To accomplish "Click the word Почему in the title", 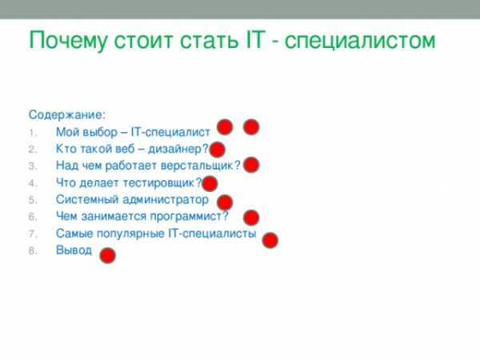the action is pyautogui.click(x=68, y=41).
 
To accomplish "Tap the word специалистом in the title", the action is pyautogui.click(x=360, y=41).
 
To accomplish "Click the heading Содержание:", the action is pyautogui.click(x=67, y=114).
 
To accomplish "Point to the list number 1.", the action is pyautogui.click(x=33, y=133).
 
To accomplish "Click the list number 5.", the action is pyautogui.click(x=33, y=200).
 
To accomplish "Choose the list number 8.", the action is pyautogui.click(x=33, y=251).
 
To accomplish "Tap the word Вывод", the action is pyautogui.click(x=74, y=250).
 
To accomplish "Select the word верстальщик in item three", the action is pyautogui.click(x=197, y=166).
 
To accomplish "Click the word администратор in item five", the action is pyautogui.click(x=166, y=200).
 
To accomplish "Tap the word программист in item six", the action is pyautogui.click(x=186, y=217).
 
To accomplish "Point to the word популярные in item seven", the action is pyautogui.click(x=130, y=234).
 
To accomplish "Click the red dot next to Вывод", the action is pyautogui.click(x=108, y=255).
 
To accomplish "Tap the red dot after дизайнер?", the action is pyautogui.click(x=217, y=150).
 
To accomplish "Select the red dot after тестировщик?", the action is pyautogui.click(x=210, y=184).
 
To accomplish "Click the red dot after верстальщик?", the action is pyautogui.click(x=251, y=165).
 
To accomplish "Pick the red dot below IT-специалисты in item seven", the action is pyautogui.click(x=270, y=240).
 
